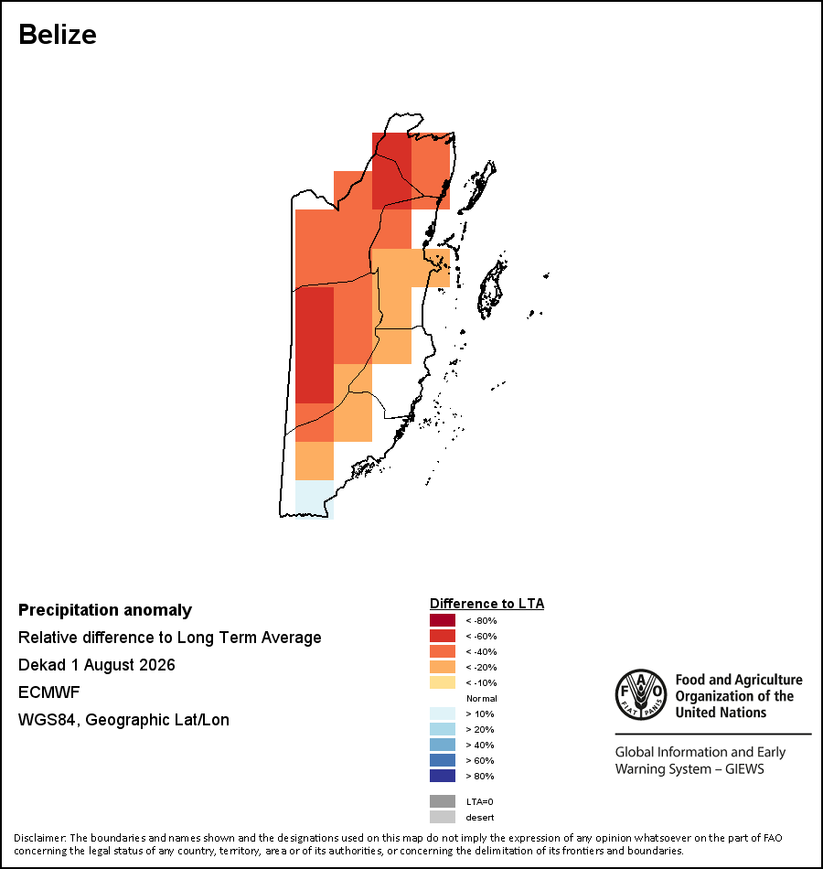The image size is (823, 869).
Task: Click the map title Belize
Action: [x=58, y=35]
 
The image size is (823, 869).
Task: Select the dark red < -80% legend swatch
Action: [x=443, y=620]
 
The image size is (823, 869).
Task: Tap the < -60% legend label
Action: [x=481, y=637]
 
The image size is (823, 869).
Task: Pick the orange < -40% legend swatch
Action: [x=443, y=651]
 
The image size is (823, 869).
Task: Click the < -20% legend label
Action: [x=481, y=667]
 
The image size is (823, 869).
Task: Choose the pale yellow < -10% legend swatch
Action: [x=443, y=682]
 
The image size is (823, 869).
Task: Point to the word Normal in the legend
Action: [x=482, y=698]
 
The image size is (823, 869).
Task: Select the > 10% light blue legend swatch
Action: [x=443, y=713]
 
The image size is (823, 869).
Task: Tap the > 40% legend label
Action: [x=480, y=745]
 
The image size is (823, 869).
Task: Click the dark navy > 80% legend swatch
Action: [x=443, y=776]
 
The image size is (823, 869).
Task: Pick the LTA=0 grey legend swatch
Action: [x=443, y=801]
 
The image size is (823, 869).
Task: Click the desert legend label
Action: [x=480, y=818]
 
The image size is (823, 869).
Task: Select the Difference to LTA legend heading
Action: [x=486, y=604]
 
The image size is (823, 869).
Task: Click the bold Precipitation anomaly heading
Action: [x=105, y=610]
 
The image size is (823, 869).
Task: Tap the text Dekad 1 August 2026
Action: [x=96, y=665]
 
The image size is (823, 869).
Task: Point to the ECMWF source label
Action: [x=48, y=692]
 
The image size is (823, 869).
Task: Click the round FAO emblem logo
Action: [x=641, y=695]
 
